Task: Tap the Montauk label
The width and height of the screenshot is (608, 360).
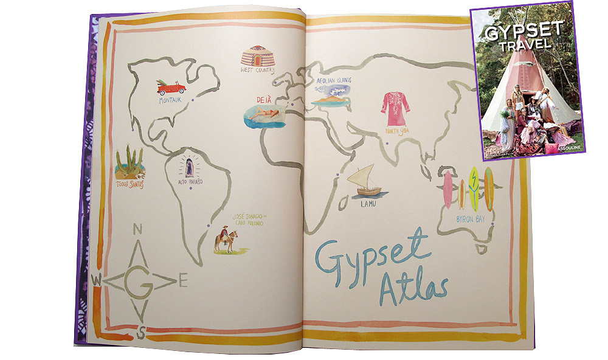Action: tap(170, 100)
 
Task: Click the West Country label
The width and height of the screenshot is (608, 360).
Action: tap(258, 71)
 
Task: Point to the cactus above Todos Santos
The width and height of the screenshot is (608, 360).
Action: tap(130, 162)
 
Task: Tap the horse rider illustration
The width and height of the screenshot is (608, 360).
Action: tap(223, 240)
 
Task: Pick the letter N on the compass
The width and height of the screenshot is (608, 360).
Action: tap(137, 229)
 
